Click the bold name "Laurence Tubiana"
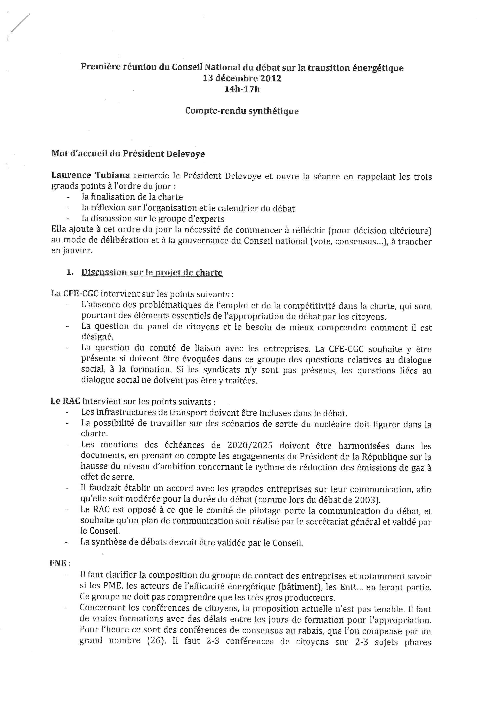(91, 175)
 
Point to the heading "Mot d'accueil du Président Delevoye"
(128, 153)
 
